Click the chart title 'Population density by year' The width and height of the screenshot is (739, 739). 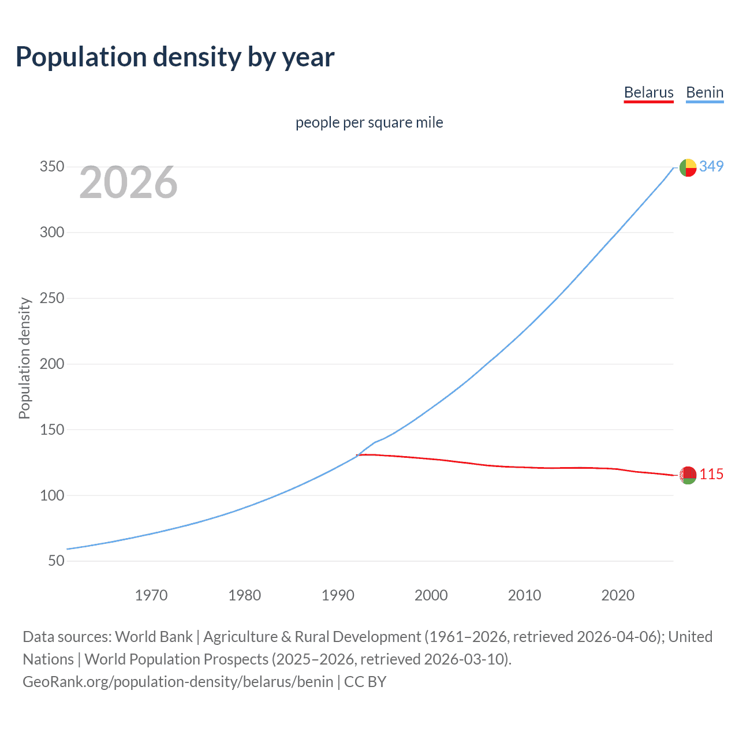(x=175, y=57)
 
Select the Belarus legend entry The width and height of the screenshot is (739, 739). (x=648, y=92)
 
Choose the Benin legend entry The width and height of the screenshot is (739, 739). (x=704, y=92)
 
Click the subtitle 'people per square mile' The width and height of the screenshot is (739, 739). (x=369, y=122)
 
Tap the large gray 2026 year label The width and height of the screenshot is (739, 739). (x=128, y=182)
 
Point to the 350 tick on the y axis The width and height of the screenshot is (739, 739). (x=52, y=167)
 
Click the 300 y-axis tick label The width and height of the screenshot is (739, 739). (x=52, y=233)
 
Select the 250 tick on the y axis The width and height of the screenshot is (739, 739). (x=52, y=298)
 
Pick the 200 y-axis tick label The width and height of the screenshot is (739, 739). (x=52, y=364)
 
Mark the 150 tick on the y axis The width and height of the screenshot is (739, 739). (x=52, y=430)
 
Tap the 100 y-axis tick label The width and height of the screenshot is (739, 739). (x=52, y=495)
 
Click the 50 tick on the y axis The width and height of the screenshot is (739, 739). (x=56, y=561)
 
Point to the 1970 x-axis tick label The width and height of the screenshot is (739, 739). (x=151, y=595)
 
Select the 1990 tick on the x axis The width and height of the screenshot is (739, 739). (x=338, y=595)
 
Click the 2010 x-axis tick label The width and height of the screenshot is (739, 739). (x=524, y=595)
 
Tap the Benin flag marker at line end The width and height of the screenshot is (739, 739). (x=688, y=167)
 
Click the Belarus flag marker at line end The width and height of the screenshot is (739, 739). (x=688, y=475)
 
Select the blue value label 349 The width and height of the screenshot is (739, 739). (x=711, y=166)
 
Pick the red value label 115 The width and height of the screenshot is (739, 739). (x=711, y=475)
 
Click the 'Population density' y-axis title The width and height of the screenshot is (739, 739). (x=24, y=358)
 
